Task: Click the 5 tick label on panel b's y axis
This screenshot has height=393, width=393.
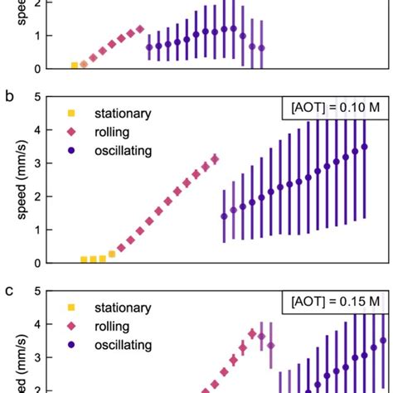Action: (x=37, y=97)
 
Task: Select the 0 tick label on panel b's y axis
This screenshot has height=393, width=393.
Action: (x=37, y=263)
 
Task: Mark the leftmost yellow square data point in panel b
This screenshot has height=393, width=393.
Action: (x=84, y=260)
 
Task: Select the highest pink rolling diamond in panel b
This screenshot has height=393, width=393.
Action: (x=215, y=158)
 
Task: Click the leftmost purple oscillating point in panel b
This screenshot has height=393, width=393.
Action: (x=224, y=216)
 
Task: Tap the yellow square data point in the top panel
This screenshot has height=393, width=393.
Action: (x=75, y=65)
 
